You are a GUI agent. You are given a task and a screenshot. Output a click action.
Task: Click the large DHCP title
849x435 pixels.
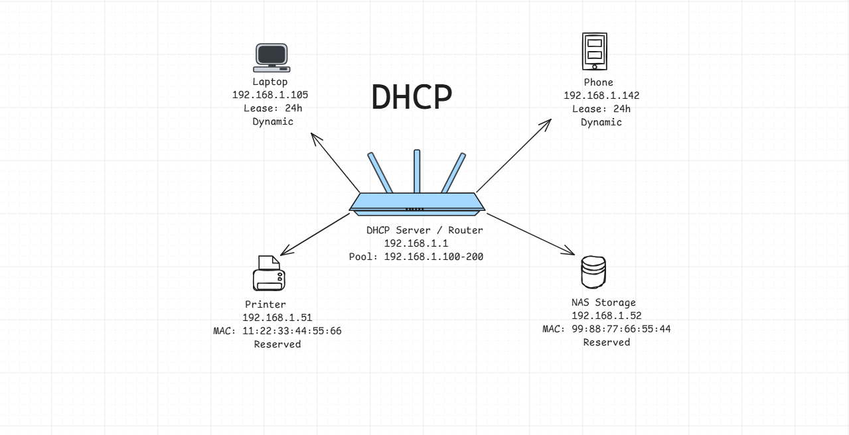click(x=412, y=97)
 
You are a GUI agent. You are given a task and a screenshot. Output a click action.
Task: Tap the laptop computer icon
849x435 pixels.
click(x=271, y=58)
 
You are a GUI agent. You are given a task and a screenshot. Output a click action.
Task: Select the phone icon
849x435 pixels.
click(x=595, y=51)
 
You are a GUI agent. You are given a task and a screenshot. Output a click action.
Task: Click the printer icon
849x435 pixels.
click(x=269, y=273)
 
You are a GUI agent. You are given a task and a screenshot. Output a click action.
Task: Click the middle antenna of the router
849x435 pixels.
click(x=417, y=171)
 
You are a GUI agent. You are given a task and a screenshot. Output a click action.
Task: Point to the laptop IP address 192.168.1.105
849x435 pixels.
click(x=270, y=95)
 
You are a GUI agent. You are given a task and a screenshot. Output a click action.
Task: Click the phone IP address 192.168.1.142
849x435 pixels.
click(x=601, y=95)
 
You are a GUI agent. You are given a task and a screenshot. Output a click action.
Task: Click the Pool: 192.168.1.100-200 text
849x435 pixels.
click(x=416, y=257)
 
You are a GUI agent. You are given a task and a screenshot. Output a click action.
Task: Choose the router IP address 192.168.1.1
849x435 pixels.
click(x=416, y=243)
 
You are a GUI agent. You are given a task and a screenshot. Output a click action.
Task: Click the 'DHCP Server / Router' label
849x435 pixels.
click(x=425, y=230)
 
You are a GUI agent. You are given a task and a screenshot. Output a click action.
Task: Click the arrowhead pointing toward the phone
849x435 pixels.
click(x=548, y=123)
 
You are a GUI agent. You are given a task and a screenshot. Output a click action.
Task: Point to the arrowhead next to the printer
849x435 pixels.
click(x=283, y=253)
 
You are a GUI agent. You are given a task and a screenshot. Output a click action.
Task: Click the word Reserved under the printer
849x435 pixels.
click(x=277, y=344)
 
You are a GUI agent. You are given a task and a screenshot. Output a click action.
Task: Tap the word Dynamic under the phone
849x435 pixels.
click(x=601, y=122)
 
